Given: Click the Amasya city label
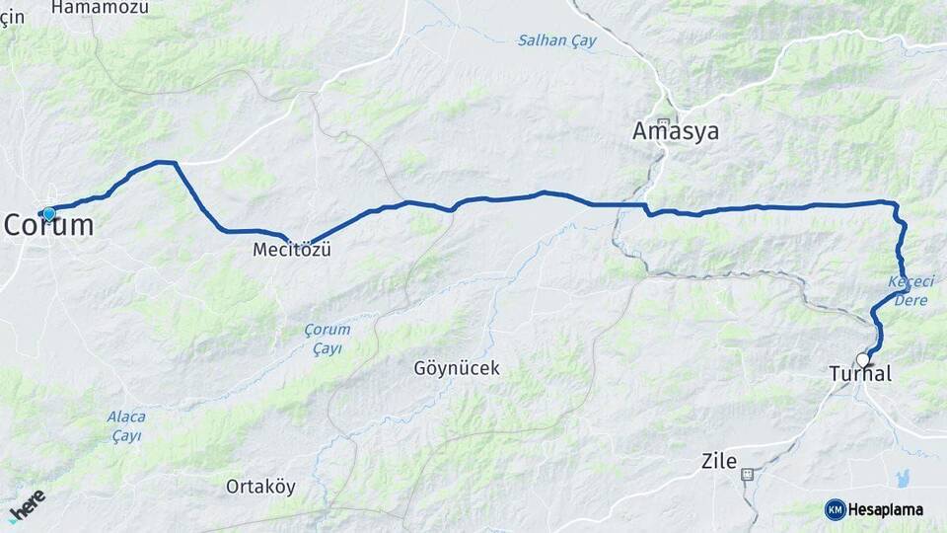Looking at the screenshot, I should pyautogui.click(x=676, y=131).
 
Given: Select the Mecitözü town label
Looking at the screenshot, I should pyautogui.click(x=291, y=251).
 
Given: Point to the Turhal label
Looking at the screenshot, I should pyautogui.click(x=860, y=374).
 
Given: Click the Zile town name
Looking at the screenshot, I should pyautogui.click(x=718, y=460).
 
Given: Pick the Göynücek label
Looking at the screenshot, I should pyautogui.click(x=457, y=368).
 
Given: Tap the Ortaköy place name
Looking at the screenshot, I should pyautogui.click(x=260, y=487).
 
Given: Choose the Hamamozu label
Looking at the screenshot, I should pyautogui.click(x=100, y=7).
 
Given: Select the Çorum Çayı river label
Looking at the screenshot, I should pyautogui.click(x=327, y=339).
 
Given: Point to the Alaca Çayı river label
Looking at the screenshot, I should pyautogui.click(x=126, y=425).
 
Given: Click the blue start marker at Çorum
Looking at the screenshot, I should pyautogui.click(x=47, y=213).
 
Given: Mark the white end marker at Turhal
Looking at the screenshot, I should pyautogui.click(x=863, y=360).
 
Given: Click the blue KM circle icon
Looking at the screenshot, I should pyautogui.click(x=835, y=509).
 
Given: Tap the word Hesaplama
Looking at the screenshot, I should pyautogui.click(x=886, y=510).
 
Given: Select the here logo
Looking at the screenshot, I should pyautogui.click(x=27, y=504).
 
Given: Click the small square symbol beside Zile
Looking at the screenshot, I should pyautogui.click(x=747, y=474).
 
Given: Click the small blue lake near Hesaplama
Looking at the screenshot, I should pyautogui.click(x=901, y=478).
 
